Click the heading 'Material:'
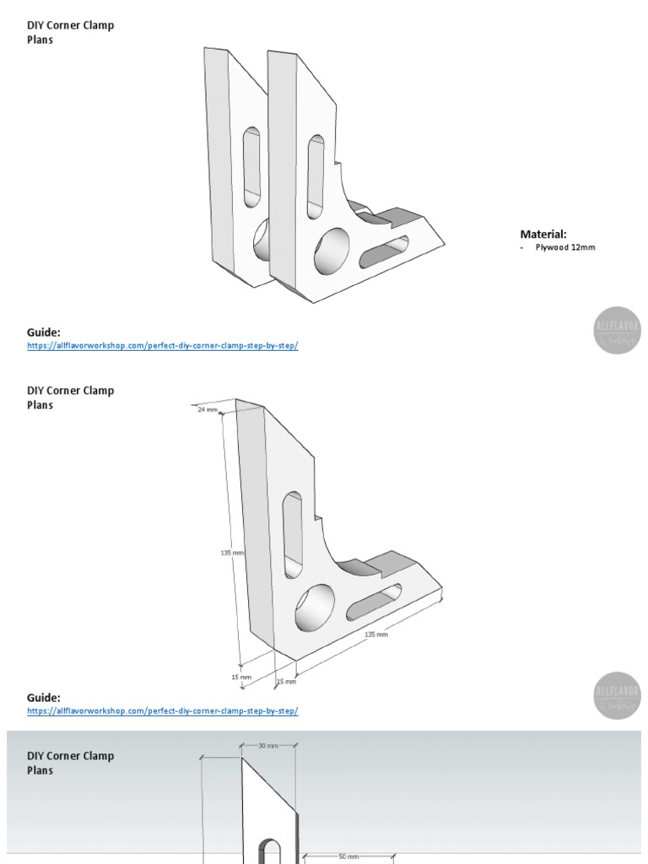[x=543, y=234]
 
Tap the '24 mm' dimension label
[x=208, y=409]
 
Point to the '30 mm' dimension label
[x=267, y=746]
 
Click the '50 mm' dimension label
[x=348, y=856]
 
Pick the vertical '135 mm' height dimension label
[x=232, y=553]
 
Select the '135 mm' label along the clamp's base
[x=375, y=634]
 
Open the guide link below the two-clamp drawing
[x=162, y=346]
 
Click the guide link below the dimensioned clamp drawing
[x=162, y=711]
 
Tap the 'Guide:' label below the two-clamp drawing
[x=44, y=332]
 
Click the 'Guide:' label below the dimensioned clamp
[x=44, y=698]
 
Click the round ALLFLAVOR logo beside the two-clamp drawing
[x=617, y=330]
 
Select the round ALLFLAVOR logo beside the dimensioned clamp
[x=617, y=695]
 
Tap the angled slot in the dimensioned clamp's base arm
[x=373, y=602]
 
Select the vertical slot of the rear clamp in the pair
[x=251, y=168]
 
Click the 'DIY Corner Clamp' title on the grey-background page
[x=70, y=756]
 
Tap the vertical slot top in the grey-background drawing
[x=269, y=848]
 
